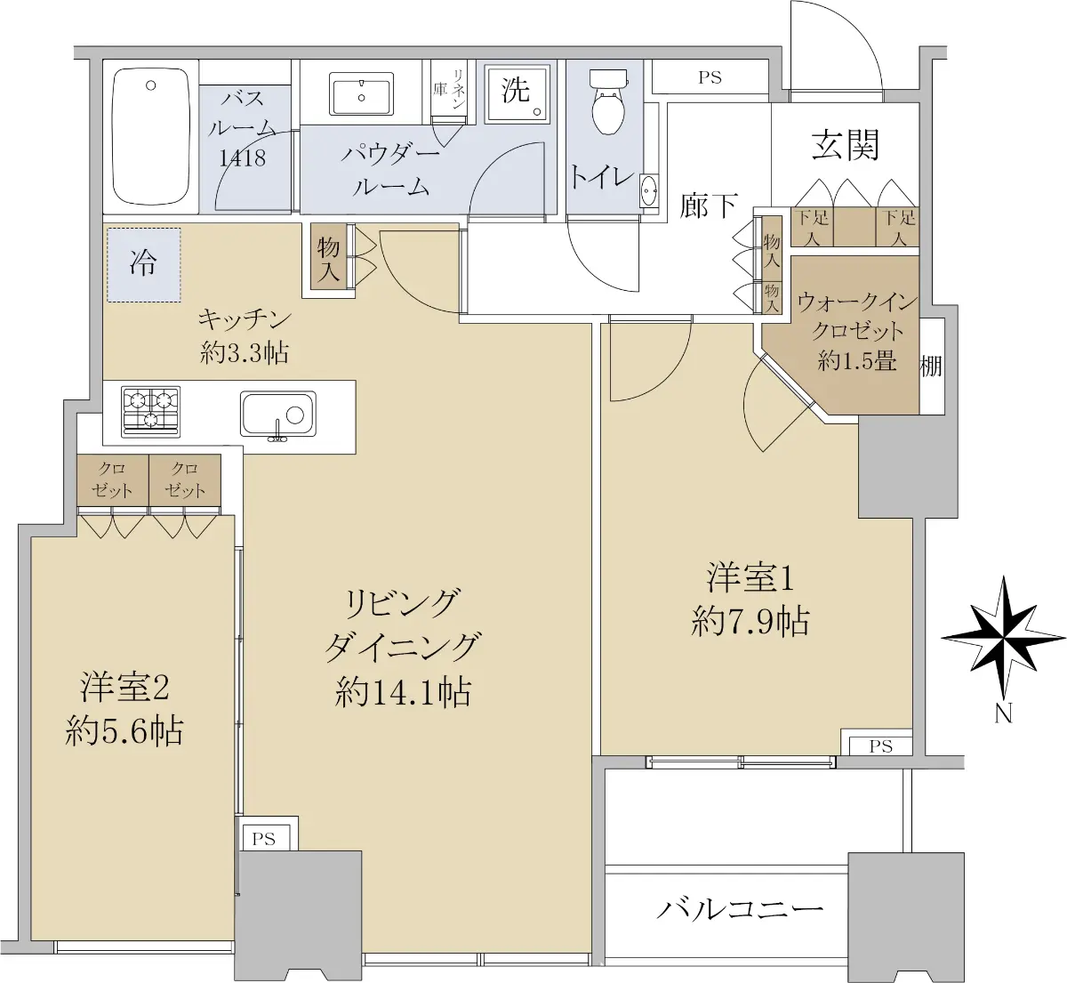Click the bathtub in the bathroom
(151, 136)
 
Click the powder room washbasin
(361, 93)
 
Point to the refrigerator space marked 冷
(144, 264)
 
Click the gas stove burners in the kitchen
(150, 412)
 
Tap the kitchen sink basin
(278, 414)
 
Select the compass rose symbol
(1003, 637)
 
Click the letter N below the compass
(1003, 713)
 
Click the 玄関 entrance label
(846, 145)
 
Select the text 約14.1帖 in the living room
(403, 693)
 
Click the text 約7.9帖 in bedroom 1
(750, 621)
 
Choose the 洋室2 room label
(124, 687)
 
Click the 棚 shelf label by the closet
(931, 367)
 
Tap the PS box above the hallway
(710, 77)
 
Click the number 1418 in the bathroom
(243, 157)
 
